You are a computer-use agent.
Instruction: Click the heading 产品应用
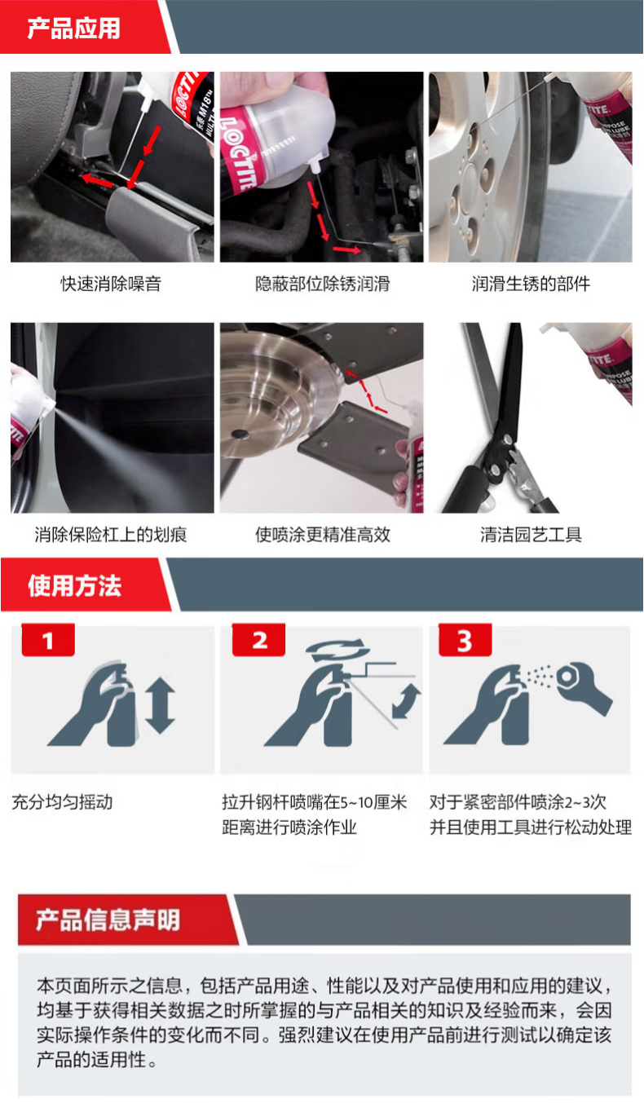pos(74,28)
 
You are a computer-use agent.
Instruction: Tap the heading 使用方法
pos(74,586)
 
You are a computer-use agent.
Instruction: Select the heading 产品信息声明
pos(108,920)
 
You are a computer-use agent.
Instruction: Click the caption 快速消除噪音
pos(111,285)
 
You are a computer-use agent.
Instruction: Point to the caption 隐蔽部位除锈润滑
pos(323,285)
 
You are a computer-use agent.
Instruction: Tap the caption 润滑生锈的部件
pos(531,285)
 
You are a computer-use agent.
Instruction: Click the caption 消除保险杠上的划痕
pos(111,535)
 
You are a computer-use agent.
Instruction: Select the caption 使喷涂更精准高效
pos(323,535)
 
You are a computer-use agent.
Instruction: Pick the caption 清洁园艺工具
pos(531,535)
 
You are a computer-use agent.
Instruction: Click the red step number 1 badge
pos(48,640)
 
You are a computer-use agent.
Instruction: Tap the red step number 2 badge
pos(259,640)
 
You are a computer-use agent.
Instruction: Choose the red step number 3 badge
pos(465,640)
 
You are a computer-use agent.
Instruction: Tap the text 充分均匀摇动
pos(62,802)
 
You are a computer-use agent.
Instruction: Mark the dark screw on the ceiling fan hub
pos(240,434)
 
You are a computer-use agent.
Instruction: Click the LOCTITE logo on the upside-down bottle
pos(239,153)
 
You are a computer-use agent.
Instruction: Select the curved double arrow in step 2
pos(407,701)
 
